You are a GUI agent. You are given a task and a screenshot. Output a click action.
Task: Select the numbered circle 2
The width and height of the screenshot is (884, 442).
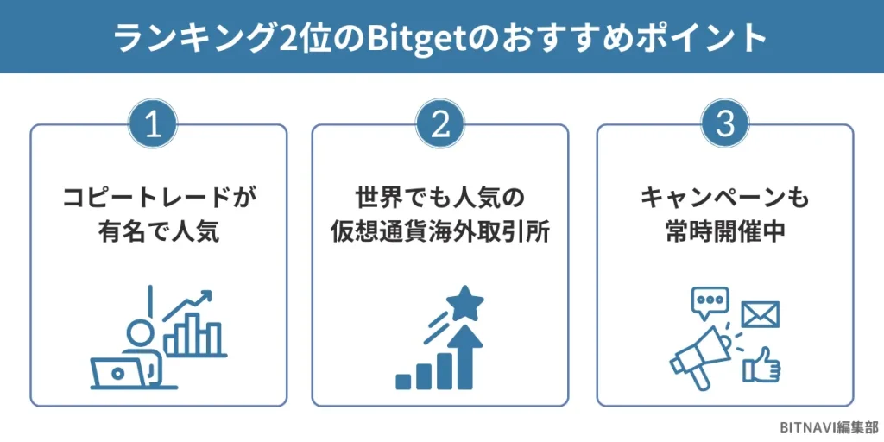(x=440, y=126)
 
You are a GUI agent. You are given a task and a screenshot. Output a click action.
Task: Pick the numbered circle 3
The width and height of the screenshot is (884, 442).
(x=725, y=126)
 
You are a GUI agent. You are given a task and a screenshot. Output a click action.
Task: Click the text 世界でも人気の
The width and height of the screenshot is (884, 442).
(x=440, y=199)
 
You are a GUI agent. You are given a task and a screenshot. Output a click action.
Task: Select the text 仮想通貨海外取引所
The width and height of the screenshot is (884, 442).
(x=440, y=230)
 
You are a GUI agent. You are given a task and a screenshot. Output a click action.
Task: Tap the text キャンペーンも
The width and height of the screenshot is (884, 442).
(x=725, y=199)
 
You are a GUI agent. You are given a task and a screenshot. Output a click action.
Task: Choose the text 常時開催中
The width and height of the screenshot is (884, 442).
(x=725, y=230)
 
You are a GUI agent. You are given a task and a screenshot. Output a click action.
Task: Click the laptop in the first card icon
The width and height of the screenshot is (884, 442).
(x=118, y=372)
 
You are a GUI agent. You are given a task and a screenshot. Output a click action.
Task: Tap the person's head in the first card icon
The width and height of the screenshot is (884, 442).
(x=138, y=331)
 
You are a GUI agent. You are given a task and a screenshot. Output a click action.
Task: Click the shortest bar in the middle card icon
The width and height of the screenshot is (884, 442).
(x=403, y=380)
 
